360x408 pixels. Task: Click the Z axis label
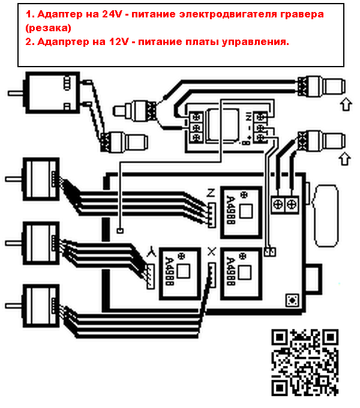click(210, 193)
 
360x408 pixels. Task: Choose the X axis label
click(211, 252)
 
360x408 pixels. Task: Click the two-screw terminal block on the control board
click(285, 204)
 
